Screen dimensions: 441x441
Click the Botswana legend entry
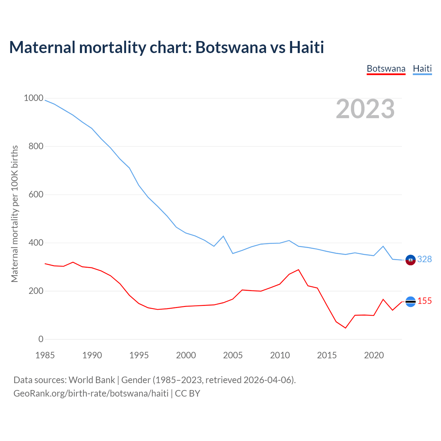tap(386, 69)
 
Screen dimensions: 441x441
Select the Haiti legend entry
tap(422, 69)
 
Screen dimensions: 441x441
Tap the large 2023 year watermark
tap(365, 109)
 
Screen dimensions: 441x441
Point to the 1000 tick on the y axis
tap(33, 98)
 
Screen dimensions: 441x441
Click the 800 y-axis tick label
tap(36, 146)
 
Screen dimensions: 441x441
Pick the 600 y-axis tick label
tap(36, 195)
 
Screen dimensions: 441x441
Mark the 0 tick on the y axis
tap(41, 339)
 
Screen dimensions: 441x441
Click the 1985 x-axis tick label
tap(45, 355)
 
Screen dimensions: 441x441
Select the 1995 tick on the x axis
tap(139, 355)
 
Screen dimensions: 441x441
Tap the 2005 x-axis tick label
tap(233, 355)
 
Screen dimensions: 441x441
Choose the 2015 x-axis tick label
tap(327, 355)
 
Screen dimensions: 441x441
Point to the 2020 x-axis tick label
tap(374, 355)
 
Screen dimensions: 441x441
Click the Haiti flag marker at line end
tap(410, 260)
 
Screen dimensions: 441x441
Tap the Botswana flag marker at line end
tap(410, 301)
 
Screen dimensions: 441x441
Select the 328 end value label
tap(424, 259)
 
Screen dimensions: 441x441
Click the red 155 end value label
tap(424, 301)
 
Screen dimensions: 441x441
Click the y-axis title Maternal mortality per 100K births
tap(14, 214)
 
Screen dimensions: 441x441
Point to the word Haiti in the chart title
tap(306, 47)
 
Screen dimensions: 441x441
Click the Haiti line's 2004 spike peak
tap(223, 236)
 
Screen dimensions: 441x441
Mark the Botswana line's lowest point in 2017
tap(345, 328)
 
